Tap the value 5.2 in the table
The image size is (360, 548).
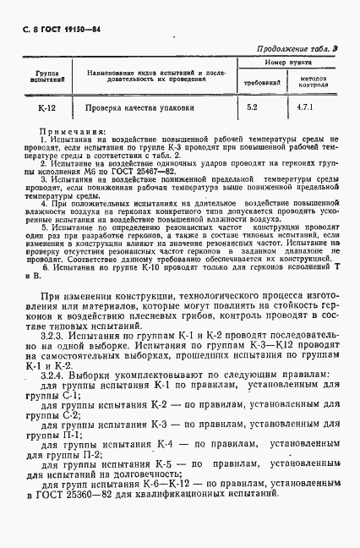pyautogui.click(x=252, y=108)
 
